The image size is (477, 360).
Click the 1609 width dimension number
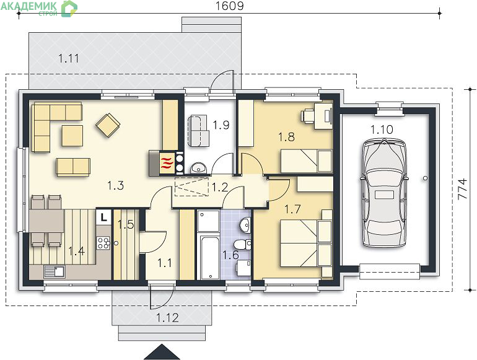pyautogui.click(x=229, y=6)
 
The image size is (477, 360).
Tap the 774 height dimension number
pyautogui.click(x=462, y=188)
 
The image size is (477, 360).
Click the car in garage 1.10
pyautogui.click(x=384, y=193)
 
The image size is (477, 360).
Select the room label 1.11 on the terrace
pyautogui.click(x=68, y=58)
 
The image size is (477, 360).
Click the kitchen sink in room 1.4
pyautogui.click(x=54, y=271)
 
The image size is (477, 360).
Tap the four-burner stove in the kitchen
pyautogui.click(x=103, y=243)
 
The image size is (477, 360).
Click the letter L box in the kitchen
pyautogui.click(x=103, y=217)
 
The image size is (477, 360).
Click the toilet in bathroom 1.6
pyautogui.click(x=242, y=244)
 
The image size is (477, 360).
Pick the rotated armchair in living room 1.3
pyautogui.click(x=108, y=125)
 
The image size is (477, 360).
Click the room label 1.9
pyautogui.click(x=221, y=125)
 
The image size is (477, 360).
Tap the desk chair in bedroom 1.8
pyautogui.click(x=307, y=116)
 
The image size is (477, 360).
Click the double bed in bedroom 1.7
pyautogui.click(x=306, y=243)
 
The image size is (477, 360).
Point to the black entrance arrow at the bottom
pyautogui.click(x=162, y=352)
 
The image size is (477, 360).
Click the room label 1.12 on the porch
pyautogui.click(x=167, y=318)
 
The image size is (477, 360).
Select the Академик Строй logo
pyautogui.click(x=38, y=8)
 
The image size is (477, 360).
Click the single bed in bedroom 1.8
pyautogui.click(x=306, y=161)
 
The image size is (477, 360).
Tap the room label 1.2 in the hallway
pyautogui.click(x=220, y=187)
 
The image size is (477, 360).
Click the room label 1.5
pyautogui.click(x=126, y=224)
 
